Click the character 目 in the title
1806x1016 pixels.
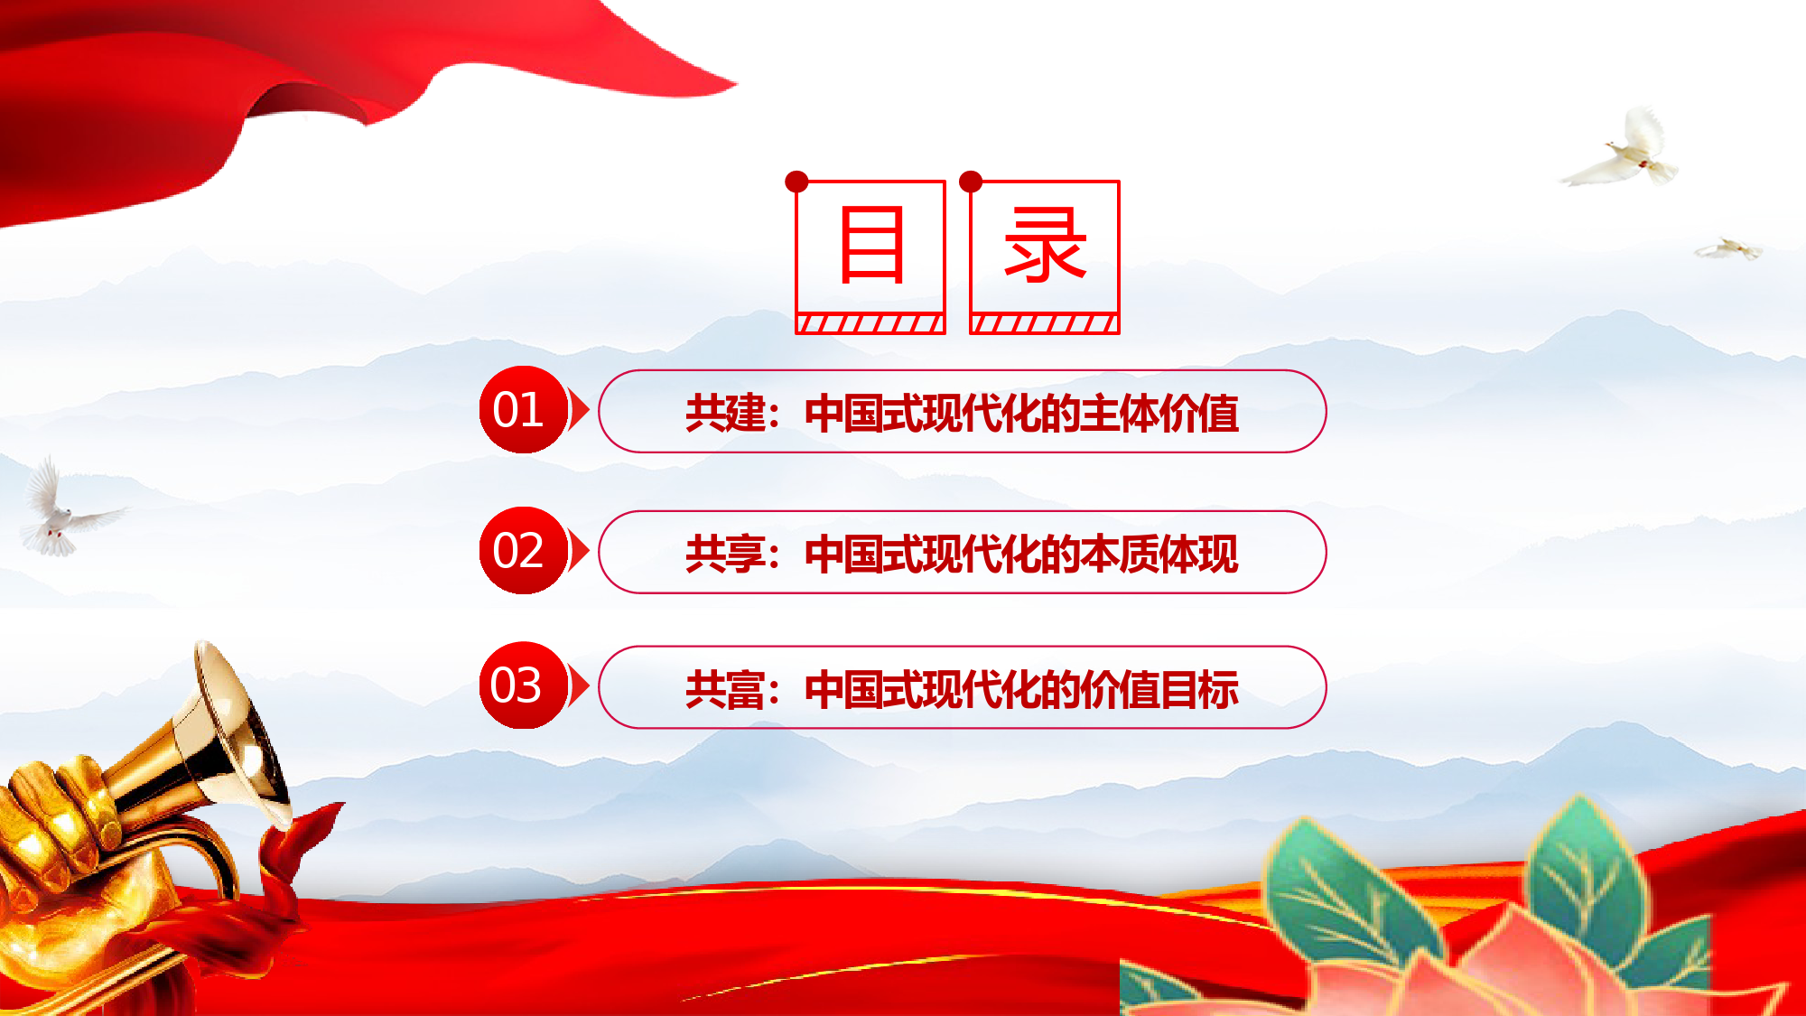coord(871,244)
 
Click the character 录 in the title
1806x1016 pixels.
coord(1045,244)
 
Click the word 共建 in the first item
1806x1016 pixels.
coord(725,413)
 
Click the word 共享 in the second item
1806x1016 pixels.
coord(725,554)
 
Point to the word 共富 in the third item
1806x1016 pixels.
coord(725,689)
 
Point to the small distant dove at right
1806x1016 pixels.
coord(1728,248)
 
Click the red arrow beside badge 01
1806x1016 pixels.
coord(579,410)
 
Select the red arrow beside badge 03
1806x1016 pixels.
coord(579,685)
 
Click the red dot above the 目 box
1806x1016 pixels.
coord(796,182)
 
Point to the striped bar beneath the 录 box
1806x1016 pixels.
coord(1045,323)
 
